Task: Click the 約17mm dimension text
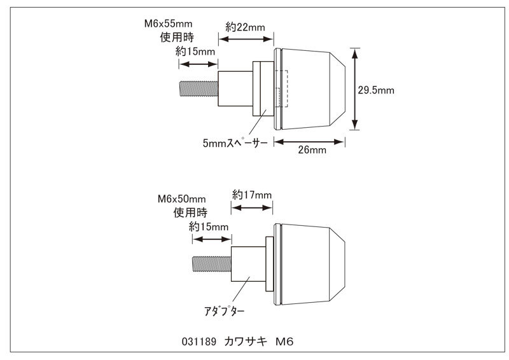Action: coord(252,194)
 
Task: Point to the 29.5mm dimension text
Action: coord(376,90)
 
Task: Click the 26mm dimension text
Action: coord(312,150)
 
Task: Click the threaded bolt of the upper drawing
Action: coord(199,88)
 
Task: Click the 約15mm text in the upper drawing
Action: coord(196,51)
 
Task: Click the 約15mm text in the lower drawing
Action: coord(209,226)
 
